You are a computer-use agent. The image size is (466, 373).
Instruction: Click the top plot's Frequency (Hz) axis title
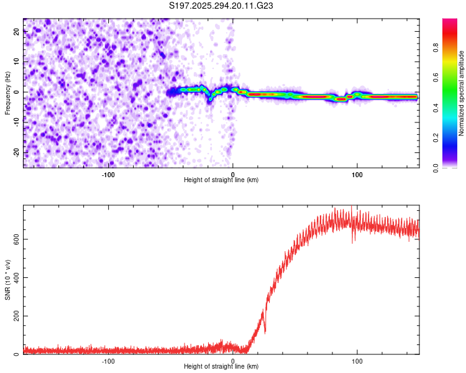8,93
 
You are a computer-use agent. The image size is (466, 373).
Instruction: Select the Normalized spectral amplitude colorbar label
461,93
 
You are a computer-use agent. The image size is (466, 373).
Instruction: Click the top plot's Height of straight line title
221,180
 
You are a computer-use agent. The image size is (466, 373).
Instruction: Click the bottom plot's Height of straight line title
221,367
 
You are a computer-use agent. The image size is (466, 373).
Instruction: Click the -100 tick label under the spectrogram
108,173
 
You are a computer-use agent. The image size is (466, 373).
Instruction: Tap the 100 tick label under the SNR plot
357,361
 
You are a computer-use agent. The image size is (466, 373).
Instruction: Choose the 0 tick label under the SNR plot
233,361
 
